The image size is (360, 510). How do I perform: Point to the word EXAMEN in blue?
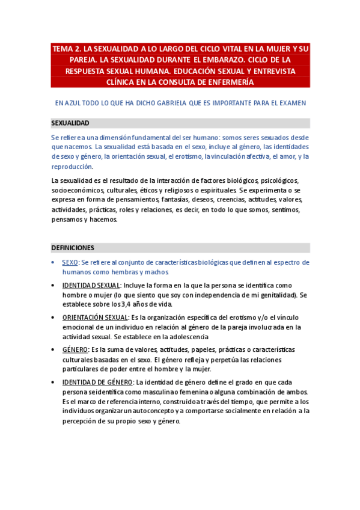pyautogui.click(x=292, y=103)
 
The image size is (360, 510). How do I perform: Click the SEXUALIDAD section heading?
pyautogui.click(x=70, y=123)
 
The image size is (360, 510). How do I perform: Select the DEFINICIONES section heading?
pyautogui.click(x=72, y=248)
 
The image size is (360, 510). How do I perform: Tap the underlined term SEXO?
pyautogui.click(x=70, y=262)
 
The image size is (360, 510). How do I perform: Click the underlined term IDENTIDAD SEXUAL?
pyautogui.click(x=91, y=285)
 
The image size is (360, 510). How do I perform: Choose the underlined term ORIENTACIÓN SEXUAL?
pyautogui.click(x=95, y=317)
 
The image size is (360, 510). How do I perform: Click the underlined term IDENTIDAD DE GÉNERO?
pyautogui.click(x=98, y=382)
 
